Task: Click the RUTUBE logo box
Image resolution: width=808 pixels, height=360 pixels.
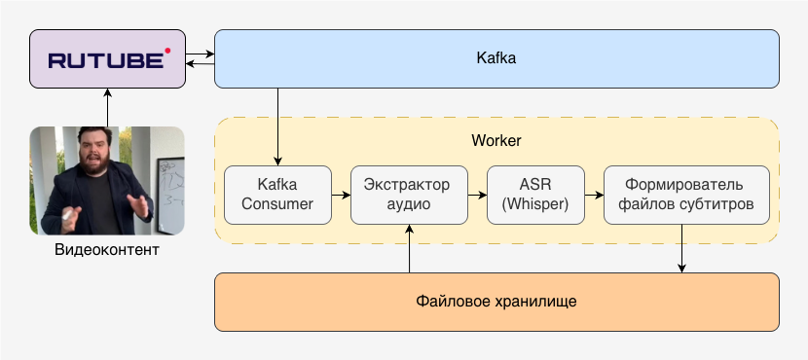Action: click(x=107, y=60)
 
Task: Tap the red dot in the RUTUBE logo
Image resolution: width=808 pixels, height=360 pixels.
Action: click(x=166, y=49)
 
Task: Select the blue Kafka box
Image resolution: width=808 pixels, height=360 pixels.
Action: click(x=496, y=58)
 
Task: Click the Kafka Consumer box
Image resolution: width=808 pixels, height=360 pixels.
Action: click(x=277, y=195)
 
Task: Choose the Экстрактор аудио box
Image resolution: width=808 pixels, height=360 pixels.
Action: click(x=408, y=195)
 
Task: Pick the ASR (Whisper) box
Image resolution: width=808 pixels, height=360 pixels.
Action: click(x=535, y=195)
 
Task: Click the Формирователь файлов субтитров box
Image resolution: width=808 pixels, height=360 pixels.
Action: click(x=686, y=195)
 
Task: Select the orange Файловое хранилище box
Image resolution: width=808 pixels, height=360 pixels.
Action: click(x=496, y=302)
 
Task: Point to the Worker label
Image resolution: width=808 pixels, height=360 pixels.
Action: click(x=496, y=140)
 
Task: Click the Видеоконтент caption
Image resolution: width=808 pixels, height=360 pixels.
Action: click(x=107, y=251)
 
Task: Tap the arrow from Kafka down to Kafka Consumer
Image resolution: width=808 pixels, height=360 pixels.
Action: click(x=278, y=126)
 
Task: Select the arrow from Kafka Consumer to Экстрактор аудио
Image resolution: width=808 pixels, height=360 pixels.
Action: click(x=341, y=195)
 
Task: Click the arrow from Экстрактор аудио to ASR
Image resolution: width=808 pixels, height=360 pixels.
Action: click(x=477, y=195)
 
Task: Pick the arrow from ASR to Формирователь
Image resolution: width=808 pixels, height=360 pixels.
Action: click(x=594, y=195)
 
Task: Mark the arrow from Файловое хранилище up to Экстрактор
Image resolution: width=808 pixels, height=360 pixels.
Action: click(x=410, y=248)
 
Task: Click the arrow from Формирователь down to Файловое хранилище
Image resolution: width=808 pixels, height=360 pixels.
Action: click(x=681, y=248)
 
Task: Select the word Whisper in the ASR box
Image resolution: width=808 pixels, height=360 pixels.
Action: click(x=536, y=204)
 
